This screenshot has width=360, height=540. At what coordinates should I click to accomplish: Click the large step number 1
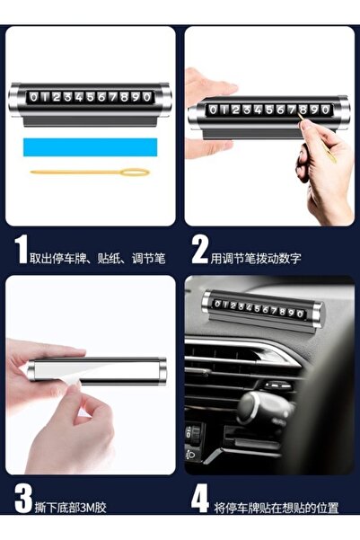pyautogui.click(x=21, y=251)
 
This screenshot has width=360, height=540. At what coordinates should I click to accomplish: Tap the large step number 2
pyautogui.click(x=200, y=251)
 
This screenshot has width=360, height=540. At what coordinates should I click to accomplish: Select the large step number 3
pyautogui.click(x=23, y=499)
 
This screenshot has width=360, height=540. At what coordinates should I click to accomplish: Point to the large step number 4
pyautogui.click(x=200, y=499)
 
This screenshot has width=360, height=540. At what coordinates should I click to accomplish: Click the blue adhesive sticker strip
pyautogui.click(x=90, y=147)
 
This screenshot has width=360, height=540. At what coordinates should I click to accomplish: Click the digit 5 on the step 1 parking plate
pyautogui.click(x=90, y=97)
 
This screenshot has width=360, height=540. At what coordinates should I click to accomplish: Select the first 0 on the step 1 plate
pyautogui.click(x=33, y=97)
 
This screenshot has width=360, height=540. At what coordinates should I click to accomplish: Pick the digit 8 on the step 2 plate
pyautogui.click(x=303, y=110)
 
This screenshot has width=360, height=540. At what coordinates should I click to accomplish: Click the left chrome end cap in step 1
pyautogui.click(x=14, y=100)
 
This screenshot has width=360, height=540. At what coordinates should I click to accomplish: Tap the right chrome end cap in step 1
pyautogui.click(x=165, y=100)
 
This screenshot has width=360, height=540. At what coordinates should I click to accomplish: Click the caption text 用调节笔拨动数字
pyautogui.click(x=256, y=258)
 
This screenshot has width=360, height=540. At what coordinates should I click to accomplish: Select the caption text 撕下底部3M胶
pyautogui.click(x=71, y=508)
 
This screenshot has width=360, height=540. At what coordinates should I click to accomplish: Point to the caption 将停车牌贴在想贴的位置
pyautogui.click(x=277, y=508)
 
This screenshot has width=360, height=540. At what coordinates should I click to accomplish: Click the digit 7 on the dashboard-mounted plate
pyautogui.click(x=275, y=311)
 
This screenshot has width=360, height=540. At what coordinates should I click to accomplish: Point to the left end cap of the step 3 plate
pyautogui.click(x=31, y=370)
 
